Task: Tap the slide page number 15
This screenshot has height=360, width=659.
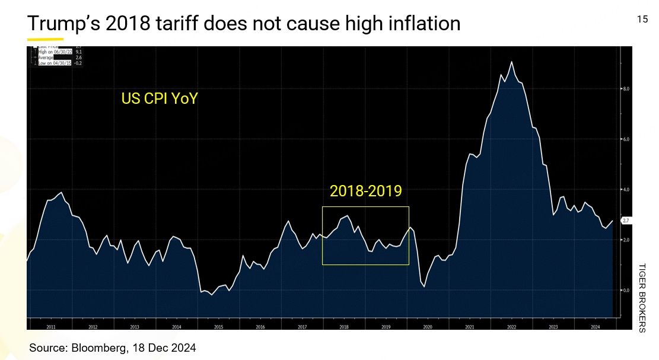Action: (x=642, y=20)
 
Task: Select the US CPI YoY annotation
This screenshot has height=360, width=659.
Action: (x=159, y=98)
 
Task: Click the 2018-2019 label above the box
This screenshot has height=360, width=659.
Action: (x=366, y=191)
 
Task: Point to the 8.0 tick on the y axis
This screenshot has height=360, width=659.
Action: (x=625, y=89)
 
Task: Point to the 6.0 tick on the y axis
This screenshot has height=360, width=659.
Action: (x=625, y=139)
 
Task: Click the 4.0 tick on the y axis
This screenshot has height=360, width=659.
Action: (x=625, y=190)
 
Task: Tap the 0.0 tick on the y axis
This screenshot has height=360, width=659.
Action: (x=625, y=291)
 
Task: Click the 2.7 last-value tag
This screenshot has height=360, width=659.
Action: (x=626, y=221)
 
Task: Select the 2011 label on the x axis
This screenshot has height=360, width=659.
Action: (x=50, y=327)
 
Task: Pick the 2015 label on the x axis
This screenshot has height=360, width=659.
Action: (x=218, y=327)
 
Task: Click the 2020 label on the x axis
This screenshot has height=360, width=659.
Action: (x=427, y=327)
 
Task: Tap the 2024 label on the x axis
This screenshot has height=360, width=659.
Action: (x=594, y=327)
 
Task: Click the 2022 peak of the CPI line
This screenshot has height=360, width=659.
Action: (x=512, y=62)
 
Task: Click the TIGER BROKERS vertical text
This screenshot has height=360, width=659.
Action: (x=642, y=297)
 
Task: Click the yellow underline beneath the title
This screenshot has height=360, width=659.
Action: (x=37, y=39)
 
